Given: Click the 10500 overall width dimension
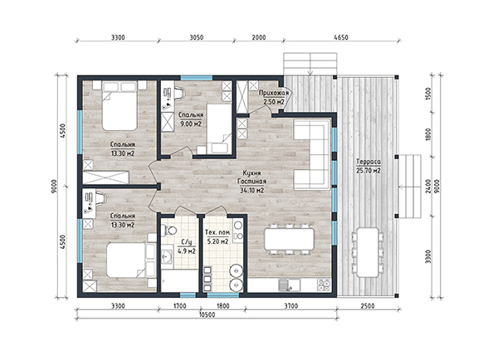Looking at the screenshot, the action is point(207,314).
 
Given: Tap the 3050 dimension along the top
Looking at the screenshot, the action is point(196,37).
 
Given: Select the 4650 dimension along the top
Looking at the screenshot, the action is point(341,37).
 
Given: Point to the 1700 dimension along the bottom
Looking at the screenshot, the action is point(179,306).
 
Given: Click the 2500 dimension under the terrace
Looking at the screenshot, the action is point(368,306).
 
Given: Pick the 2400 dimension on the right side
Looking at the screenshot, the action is point(428,186).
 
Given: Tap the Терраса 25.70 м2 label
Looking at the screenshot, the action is point(369,166).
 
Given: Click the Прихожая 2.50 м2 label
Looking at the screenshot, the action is point(274,97).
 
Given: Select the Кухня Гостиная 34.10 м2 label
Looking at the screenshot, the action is point(252,182).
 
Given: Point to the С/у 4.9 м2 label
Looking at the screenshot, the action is point(187,246).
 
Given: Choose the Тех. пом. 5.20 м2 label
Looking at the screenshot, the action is point(217,237).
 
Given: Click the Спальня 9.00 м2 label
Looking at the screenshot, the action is point(191,119).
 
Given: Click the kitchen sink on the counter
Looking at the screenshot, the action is point(289,285).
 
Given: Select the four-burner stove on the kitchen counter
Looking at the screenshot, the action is point(324,285).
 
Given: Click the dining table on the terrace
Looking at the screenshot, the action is point(368,252).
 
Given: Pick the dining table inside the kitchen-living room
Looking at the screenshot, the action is point(289,240).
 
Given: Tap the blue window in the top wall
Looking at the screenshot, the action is point(197,78).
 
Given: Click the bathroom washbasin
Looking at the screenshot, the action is point(167,256).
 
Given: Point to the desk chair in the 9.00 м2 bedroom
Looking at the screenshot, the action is point(179,93).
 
